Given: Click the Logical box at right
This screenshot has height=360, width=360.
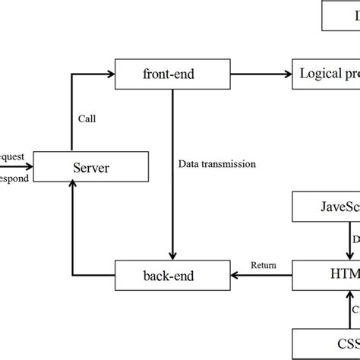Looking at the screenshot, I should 327,74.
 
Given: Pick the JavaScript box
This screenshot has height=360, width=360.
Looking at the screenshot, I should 327,207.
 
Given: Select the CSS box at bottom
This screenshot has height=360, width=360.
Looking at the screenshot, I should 327,341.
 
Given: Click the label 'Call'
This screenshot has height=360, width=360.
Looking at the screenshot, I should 87,118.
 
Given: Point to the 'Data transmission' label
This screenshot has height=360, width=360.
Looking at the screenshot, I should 216,163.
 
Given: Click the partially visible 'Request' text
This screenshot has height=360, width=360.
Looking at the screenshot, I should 12,156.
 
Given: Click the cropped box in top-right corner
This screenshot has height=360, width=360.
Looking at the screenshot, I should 341,17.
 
